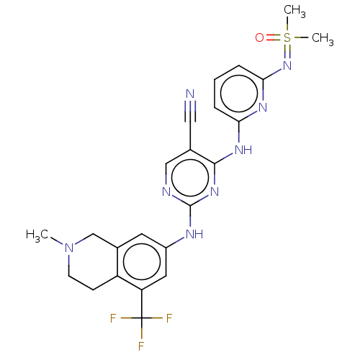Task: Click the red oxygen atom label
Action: click(x=259, y=37)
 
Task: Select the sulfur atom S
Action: click(x=287, y=37)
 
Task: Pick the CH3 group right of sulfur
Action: click(x=323, y=39)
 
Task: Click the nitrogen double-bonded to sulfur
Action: click(x=287, y=66)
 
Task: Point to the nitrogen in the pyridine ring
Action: click(x=263, y=107)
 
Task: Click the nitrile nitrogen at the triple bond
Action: click(x=190, y=94)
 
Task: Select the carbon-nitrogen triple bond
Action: click(x=190, y=111)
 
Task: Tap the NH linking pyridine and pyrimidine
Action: click(x=243, y=150)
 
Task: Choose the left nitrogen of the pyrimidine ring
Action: click(x=166, y=192)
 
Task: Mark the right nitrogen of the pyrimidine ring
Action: click(x=215, y=192)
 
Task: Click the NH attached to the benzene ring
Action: click(x=194, y=234)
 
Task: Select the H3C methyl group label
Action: click(x=37, y=235)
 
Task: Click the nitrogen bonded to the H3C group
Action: click(x=69, y=248)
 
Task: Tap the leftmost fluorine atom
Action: click(x=113, y=318)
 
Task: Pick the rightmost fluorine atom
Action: click(x=169, y=318)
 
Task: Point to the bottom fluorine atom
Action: click(x=141, y=346)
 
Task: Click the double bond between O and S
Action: click(x=274, y=37)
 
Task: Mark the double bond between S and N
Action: click(x=287, y=52)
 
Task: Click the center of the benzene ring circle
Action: click(x=142, y=261)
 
